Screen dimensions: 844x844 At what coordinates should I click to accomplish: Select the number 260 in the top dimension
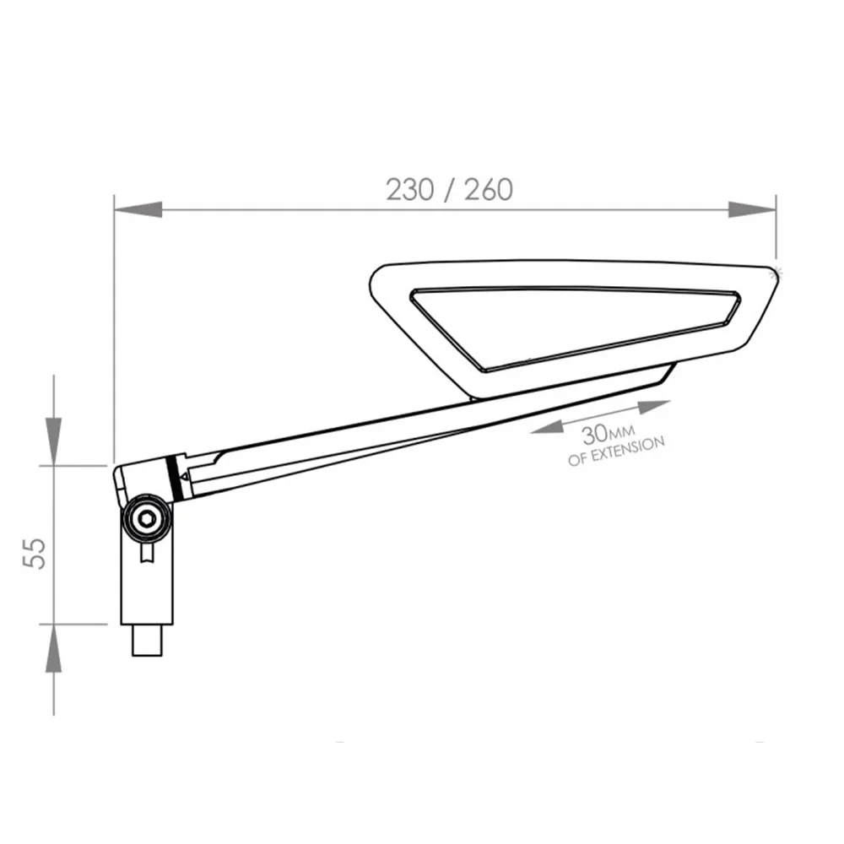tap(488, 190)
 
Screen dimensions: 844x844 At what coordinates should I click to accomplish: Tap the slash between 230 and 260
tap(449, 190)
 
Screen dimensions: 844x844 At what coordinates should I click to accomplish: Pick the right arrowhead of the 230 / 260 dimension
tap(751, 209)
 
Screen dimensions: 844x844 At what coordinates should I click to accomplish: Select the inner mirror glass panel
tap(574, 325)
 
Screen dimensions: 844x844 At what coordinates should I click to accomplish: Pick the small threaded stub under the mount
tap(147, 640)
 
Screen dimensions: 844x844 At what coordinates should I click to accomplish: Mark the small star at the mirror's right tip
tap(777, 269)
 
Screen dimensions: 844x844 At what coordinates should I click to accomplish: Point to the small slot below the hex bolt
tap(148, 552)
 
